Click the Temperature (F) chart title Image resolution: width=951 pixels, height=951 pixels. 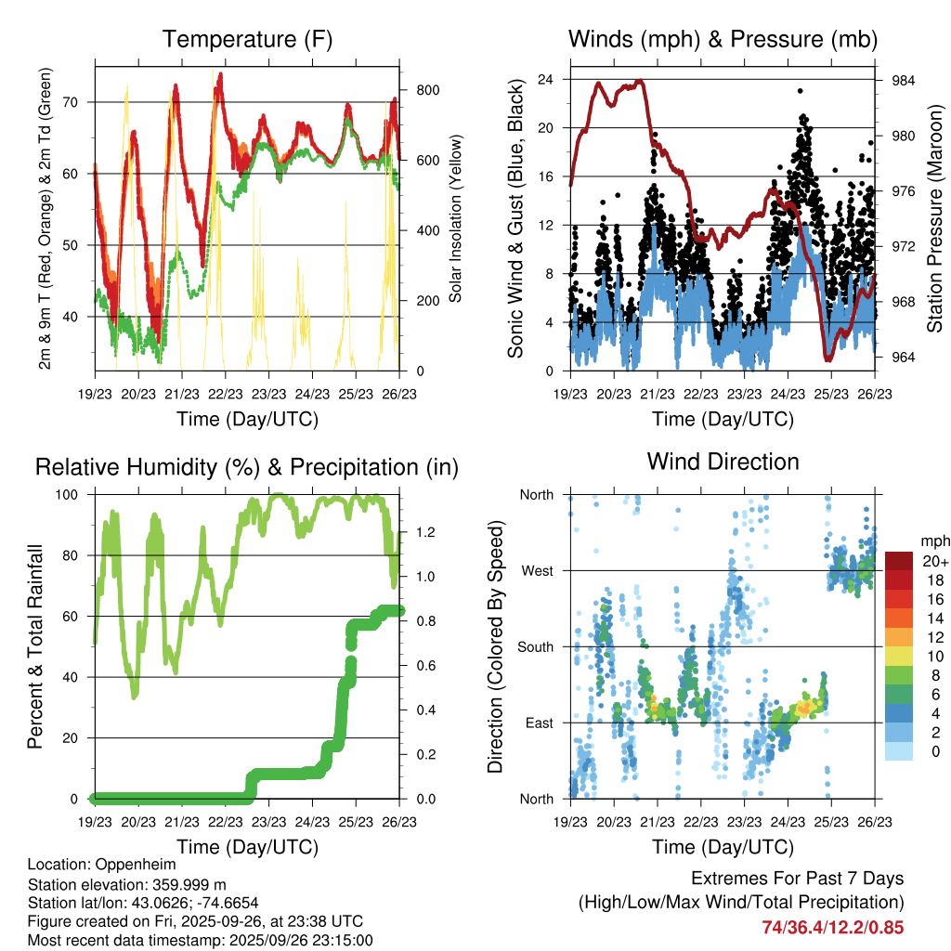click(x=247, y=40)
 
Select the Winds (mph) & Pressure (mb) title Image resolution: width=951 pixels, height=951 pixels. click(x=723, y=40)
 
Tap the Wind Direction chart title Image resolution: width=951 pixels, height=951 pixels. click(x=723, y=462)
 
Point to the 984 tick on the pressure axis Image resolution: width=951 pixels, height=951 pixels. click(x=904, y=80)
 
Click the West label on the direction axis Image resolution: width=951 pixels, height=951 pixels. click(x=536, y=570)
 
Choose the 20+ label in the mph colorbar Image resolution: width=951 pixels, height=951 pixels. click(x=933, y=561)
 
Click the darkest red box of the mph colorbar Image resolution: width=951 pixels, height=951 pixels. click(x=901, y=561)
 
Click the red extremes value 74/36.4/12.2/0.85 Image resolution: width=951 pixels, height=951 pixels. click(x=833, y=927)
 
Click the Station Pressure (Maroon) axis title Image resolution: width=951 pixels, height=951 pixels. click(x=935, y=219)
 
